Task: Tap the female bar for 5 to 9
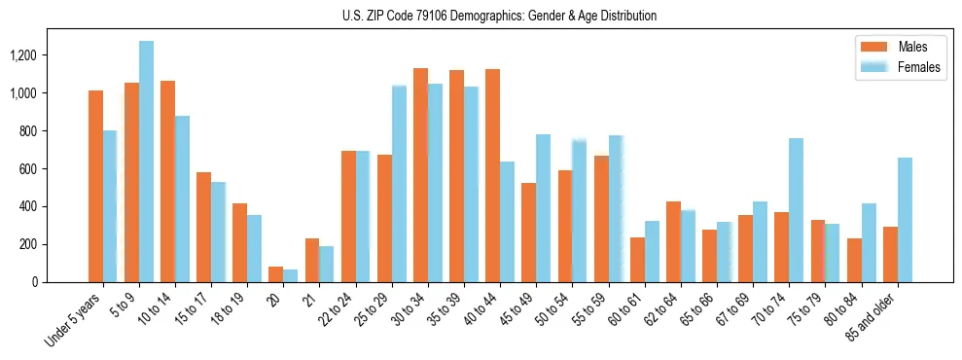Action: click(x=146, y=162)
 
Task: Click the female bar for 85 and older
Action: click(x=905, y=220)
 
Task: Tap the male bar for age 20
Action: click(x=276, y=274)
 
